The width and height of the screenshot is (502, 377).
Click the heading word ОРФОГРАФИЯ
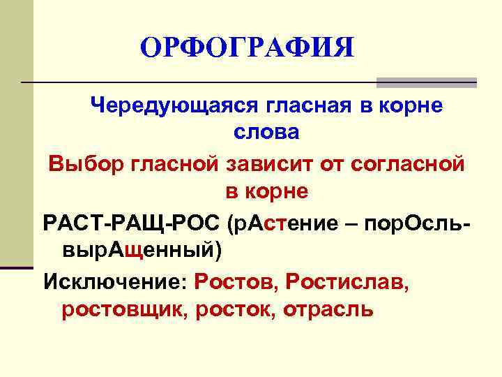pyautogui.click(x=247, y=48)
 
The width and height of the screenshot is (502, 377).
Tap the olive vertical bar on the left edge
pyautogui.click(x=15, y=133)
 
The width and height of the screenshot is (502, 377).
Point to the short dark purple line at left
pyautogui.click(x=17, y=267)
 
